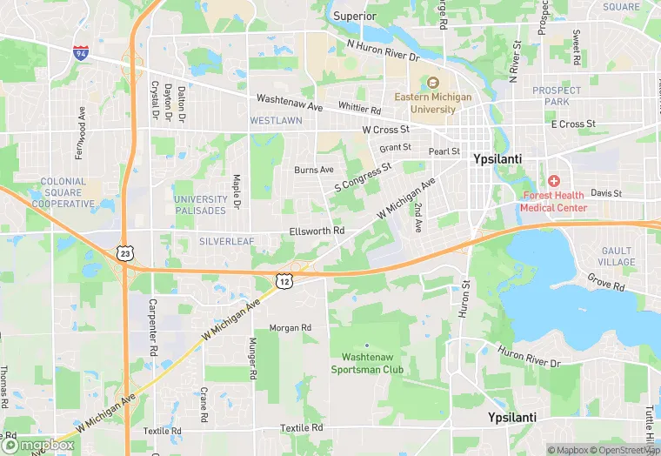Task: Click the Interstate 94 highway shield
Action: pyautogui.click(x=81, y=52)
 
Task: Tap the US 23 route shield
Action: pyautogui.click(x=125, y=253)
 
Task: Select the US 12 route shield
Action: pyautogui.click(x=284, y=280)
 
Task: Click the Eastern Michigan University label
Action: pyautogui.click(x=425, y=103)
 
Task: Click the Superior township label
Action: pyautogui.click(x=356, y=16)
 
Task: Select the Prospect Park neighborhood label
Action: pyautogui.click(x=557, y=96)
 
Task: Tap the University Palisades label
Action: pyautogui.click(x=201, y=205)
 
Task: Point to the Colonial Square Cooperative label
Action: pyautogui.click(x=63, y=192)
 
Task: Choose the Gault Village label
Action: pyautogui.click(x=617, y=256)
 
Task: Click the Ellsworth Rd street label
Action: pyautogui.click(x=317, y=231)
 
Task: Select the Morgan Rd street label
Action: pyautogui.click(x=290, y=328)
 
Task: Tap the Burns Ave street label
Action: pyautogui.click(x=313, y=170)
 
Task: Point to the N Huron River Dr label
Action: pyautogui.click(x=383, y=50)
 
